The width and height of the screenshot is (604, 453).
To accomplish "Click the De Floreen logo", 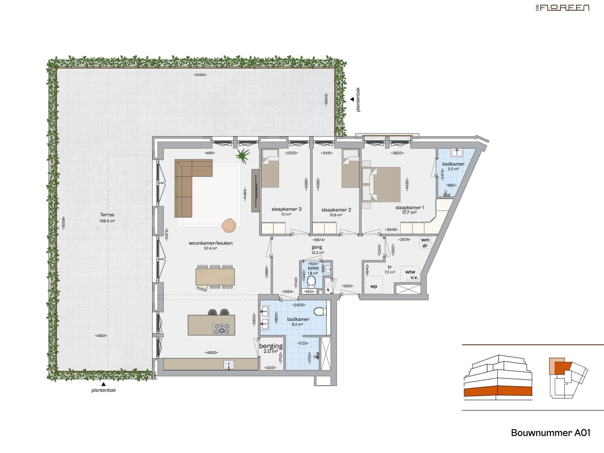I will click(562, 8).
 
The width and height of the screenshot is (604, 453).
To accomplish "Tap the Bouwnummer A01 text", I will click(551, 433).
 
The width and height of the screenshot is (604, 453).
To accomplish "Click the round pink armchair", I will click(229, 225).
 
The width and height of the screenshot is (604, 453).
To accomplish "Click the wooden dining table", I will click(215, 277).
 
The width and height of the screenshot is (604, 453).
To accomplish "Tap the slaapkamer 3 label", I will click(286, 209).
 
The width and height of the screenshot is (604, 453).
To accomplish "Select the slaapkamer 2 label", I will click(336, 210).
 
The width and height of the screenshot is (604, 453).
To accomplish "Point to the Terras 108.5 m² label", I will click(107, 217).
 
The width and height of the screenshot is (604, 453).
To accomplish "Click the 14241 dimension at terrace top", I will click(200, 75).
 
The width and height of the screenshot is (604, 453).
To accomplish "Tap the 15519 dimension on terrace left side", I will click(64, 223).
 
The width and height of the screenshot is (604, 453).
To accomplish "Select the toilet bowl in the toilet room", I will click(311, 282).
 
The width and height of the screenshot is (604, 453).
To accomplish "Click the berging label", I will click(271, 346).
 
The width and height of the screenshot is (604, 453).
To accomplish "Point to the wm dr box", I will click(425, 243).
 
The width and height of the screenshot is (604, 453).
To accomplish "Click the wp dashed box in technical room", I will click(374, 285).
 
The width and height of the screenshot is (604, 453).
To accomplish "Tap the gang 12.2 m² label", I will click(317, 249).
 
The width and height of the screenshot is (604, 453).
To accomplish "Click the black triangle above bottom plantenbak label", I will click(103, 384).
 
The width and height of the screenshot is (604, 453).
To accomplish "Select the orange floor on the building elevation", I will click(498, 391).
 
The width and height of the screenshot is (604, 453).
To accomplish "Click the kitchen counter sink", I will click(229, 365).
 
